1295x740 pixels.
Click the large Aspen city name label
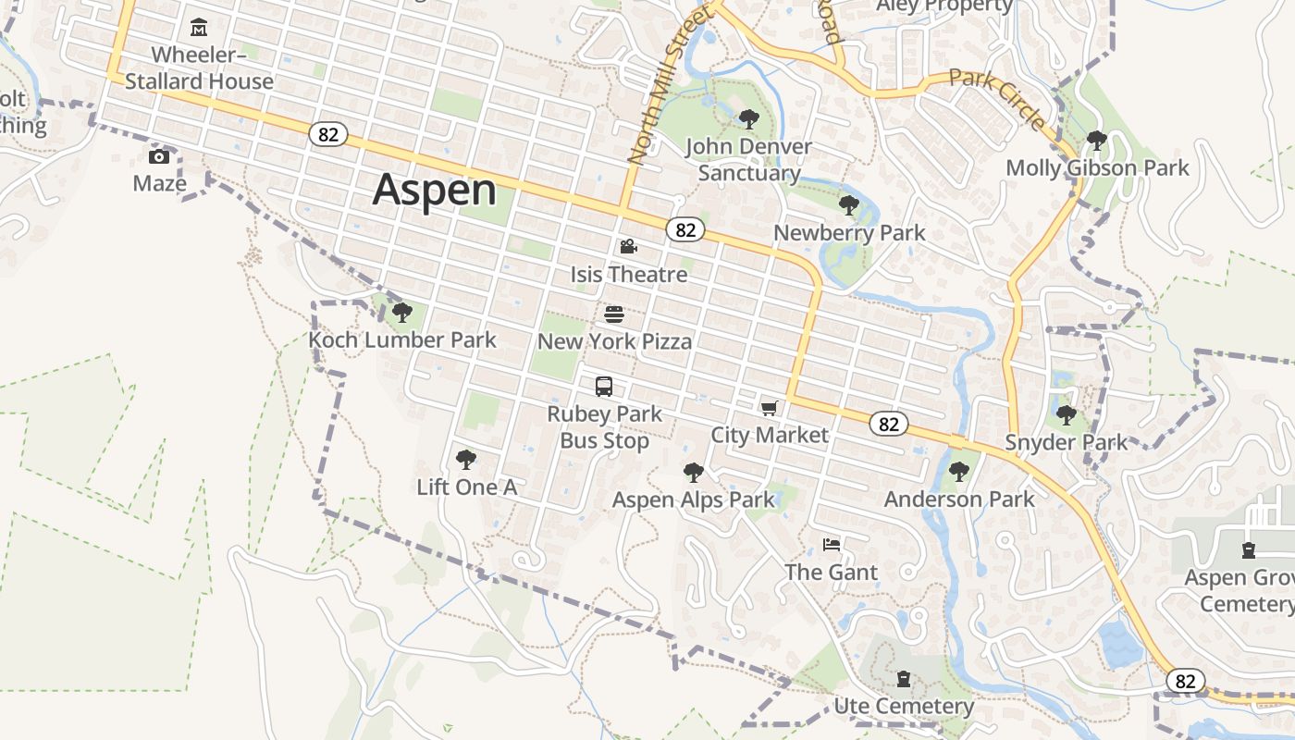click(x=435, y=190)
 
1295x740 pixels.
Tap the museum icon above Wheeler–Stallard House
click(x=198, y=28)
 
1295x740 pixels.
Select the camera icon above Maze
click(x=159, y=155)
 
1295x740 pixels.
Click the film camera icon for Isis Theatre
click(x=628, y=246)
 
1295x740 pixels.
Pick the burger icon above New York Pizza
click(x=614, y=314)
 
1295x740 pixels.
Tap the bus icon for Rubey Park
click(x=604, y=387)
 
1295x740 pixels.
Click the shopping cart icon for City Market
click(x=769, y=408)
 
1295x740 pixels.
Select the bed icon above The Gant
click(x=831, y=545)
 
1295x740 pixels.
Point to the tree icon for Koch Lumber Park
click(x=401, y=313)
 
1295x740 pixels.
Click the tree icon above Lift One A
click(x=466, y=459)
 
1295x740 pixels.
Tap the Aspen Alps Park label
click(x=694, y=500)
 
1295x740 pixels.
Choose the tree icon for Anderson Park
click(x=959, y=472)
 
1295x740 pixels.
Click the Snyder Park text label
click(x=1067, y=442)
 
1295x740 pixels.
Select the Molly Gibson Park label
click(x=1097, y=168)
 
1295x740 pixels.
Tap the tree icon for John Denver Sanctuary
click(x=748, y=118)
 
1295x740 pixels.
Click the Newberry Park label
click(x=849, y=233)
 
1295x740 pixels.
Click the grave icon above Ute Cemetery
click(x=904, y=679)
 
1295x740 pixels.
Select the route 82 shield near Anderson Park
click(x=889, y=425)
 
